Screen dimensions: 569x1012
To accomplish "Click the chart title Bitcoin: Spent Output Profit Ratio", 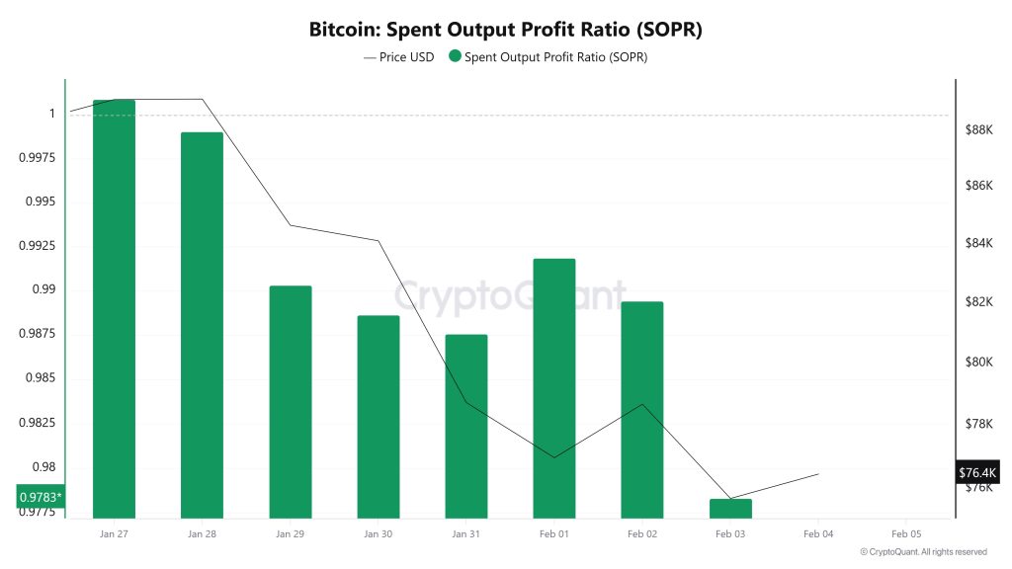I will [x=505, y=30].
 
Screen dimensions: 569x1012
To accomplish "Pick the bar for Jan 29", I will [x=290, y=401].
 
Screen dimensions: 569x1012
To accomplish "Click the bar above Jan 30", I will [x=378, y=416].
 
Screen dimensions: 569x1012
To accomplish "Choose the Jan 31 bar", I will [x=465, y=426].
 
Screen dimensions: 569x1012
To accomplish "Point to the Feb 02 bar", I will [x=641, y=409].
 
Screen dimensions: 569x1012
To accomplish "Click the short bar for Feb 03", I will [x=730, y=508].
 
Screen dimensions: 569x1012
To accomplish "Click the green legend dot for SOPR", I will [x=455, y=57].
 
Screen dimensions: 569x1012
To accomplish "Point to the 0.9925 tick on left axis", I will [x=37, y=246].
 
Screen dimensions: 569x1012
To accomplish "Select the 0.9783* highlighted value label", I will [x=41, y=497].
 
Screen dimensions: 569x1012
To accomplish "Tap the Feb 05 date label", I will [x=906, y=533].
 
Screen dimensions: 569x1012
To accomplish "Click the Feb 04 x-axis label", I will [x=818, y=533].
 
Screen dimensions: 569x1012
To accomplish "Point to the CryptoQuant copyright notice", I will [x=923, y=552].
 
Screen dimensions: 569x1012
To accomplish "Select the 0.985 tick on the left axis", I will [x=41, y=378].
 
